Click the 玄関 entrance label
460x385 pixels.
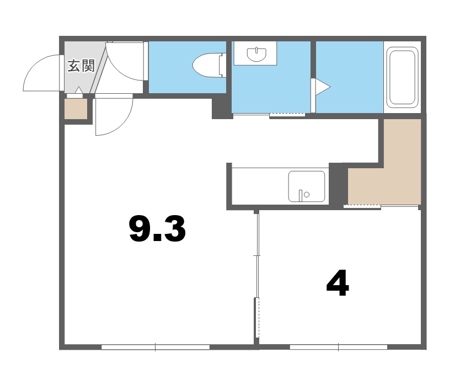pos(81,66)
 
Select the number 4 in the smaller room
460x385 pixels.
pos(338,283)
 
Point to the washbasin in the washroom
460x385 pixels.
pos(256,54)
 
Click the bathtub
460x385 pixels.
pos(402,77)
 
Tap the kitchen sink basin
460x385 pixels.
pos(307,186)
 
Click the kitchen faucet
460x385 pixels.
pos(301,195)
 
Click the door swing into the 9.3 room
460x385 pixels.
pos(123,123)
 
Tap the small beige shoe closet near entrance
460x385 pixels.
pos(76,109)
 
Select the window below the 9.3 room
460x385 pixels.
pos(156,347)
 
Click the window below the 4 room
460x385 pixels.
pos(339,347)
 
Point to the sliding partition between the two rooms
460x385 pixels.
pos(257,274)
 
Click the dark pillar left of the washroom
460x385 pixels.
pos(222,108)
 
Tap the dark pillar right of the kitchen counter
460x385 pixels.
pos(338,184)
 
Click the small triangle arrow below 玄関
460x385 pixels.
pos(79,90)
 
